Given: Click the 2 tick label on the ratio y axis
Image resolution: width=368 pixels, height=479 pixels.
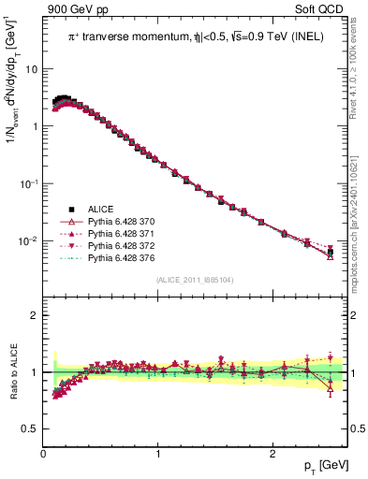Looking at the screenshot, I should [35, 315].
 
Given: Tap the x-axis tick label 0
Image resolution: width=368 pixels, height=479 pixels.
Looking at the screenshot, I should [43, 454].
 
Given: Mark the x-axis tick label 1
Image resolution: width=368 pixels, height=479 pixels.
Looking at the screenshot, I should [157, 454].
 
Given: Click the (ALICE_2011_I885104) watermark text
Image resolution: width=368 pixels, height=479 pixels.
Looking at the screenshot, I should [195, 281].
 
